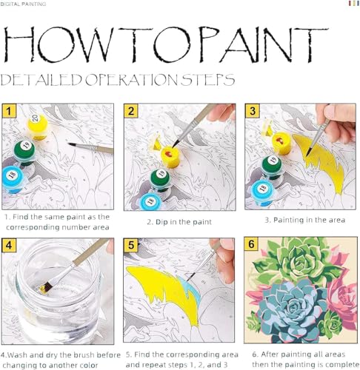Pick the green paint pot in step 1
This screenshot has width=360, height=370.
coord(25,152)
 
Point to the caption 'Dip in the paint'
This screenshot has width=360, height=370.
coord(179,221)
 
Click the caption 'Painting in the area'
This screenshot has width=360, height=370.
coord(301,221)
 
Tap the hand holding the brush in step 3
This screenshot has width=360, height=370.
coord(341,118)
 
